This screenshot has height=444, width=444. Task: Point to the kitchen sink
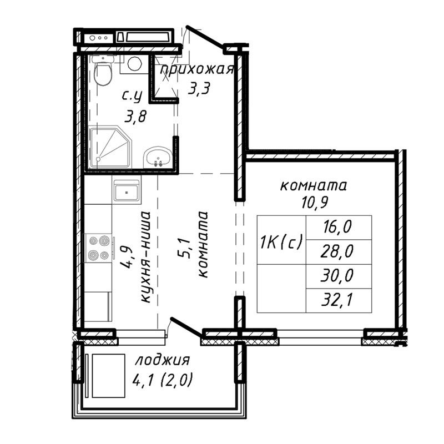coord(127,193)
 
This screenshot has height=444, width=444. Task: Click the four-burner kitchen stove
coord(99,248)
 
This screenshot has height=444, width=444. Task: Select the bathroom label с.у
coord(132,96)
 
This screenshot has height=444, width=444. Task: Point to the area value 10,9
coord(314,201)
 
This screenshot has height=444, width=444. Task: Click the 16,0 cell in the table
coord(338,227)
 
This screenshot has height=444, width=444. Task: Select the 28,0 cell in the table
coord(338,251)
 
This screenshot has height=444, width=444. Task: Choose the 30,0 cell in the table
coord(338,276)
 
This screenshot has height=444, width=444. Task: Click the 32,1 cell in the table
coord(338,300)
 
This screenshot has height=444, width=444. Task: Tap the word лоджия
coord(162,361)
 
